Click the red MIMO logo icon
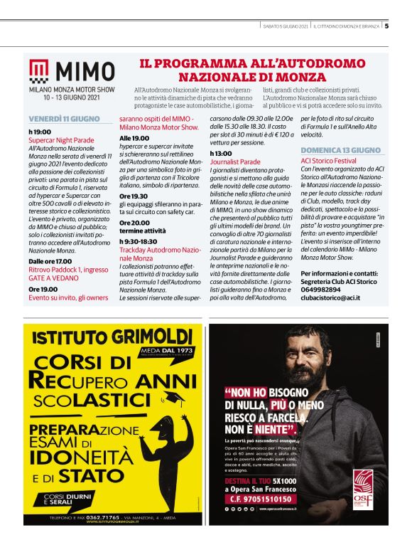click(40, 71)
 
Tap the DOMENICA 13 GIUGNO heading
click(341, 150)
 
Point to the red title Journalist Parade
click(235, 162)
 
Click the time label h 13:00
click(220, 153)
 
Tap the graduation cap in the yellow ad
click(171, 396)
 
